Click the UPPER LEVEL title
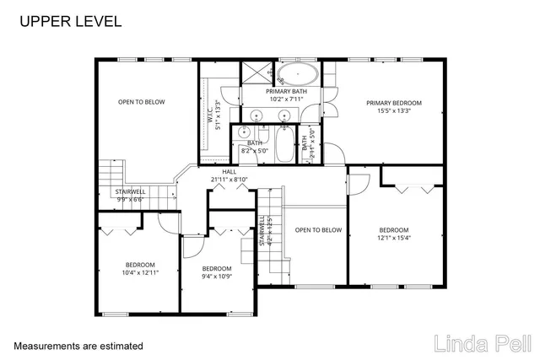click(70, 20)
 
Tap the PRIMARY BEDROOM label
click(393, 103)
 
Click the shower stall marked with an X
click(256, 72)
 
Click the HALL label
click(229, 171)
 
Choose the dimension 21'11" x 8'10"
click(229, 180)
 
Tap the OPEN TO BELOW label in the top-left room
click(141, 102)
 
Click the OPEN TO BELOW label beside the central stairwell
click(318, 230)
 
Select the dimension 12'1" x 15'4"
click(393, 238)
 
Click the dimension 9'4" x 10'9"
click(217, 277)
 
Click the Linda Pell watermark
click(483, 344)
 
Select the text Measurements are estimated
click(78, 346)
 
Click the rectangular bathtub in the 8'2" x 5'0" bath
click(283, 139)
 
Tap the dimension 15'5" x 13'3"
click(393, 110)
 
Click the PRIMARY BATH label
click(287, 91)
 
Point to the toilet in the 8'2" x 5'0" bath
click(244, 132)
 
